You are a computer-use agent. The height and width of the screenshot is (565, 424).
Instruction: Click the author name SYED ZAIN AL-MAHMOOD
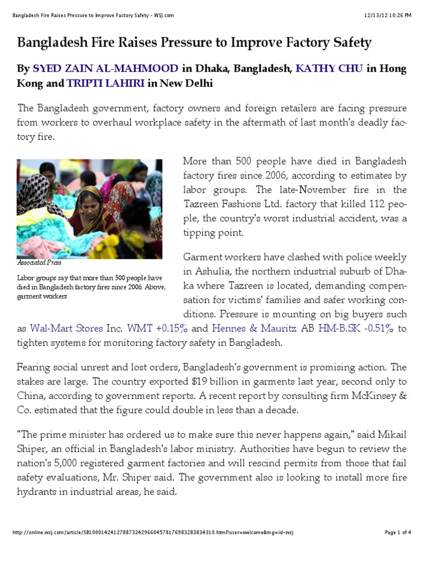point(105,69)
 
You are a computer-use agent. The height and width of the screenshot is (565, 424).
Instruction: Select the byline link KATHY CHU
point(329,69)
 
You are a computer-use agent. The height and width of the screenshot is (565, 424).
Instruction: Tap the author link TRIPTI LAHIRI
point(105,84)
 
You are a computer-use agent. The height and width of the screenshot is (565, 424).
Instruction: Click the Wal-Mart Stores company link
point(66,328)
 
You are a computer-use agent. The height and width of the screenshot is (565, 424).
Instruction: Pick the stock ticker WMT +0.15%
point(157,328)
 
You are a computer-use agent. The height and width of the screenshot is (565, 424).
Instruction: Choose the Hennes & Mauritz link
point(254,328)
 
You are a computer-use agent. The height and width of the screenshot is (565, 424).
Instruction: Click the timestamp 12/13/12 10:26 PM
point(388,15)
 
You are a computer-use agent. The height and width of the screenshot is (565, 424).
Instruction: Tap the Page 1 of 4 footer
point(397,532)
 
